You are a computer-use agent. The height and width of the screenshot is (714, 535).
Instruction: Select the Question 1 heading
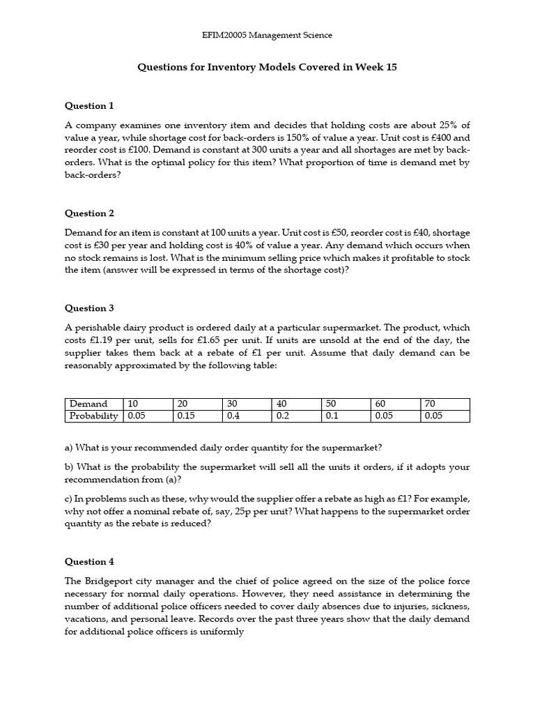tap(89, 106)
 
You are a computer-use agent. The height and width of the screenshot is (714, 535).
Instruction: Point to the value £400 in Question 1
tap(431, 138)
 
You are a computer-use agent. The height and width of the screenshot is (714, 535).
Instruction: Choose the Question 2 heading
tap(89, 213)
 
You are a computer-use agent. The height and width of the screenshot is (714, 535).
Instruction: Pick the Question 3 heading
tap(89, 308)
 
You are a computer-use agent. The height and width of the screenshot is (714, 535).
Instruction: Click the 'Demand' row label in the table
tap(88, 404)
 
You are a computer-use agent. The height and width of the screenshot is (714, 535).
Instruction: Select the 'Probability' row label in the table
tap(93, 416)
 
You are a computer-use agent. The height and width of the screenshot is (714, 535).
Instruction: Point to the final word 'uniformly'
tap(221, 632)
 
